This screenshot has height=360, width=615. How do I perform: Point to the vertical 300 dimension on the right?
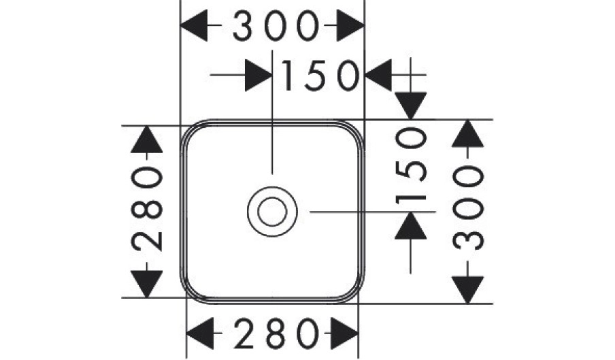469,211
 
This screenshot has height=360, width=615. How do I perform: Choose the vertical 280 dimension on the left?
147,211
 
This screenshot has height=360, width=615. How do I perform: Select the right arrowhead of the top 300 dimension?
350,28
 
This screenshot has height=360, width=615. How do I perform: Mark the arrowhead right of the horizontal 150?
378,75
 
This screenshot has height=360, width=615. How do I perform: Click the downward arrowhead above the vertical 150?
412,106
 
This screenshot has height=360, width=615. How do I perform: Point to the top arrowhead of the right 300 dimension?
469,135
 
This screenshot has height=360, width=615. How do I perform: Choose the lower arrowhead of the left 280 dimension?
147,283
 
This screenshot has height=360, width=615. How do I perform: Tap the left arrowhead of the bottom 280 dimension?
201,333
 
